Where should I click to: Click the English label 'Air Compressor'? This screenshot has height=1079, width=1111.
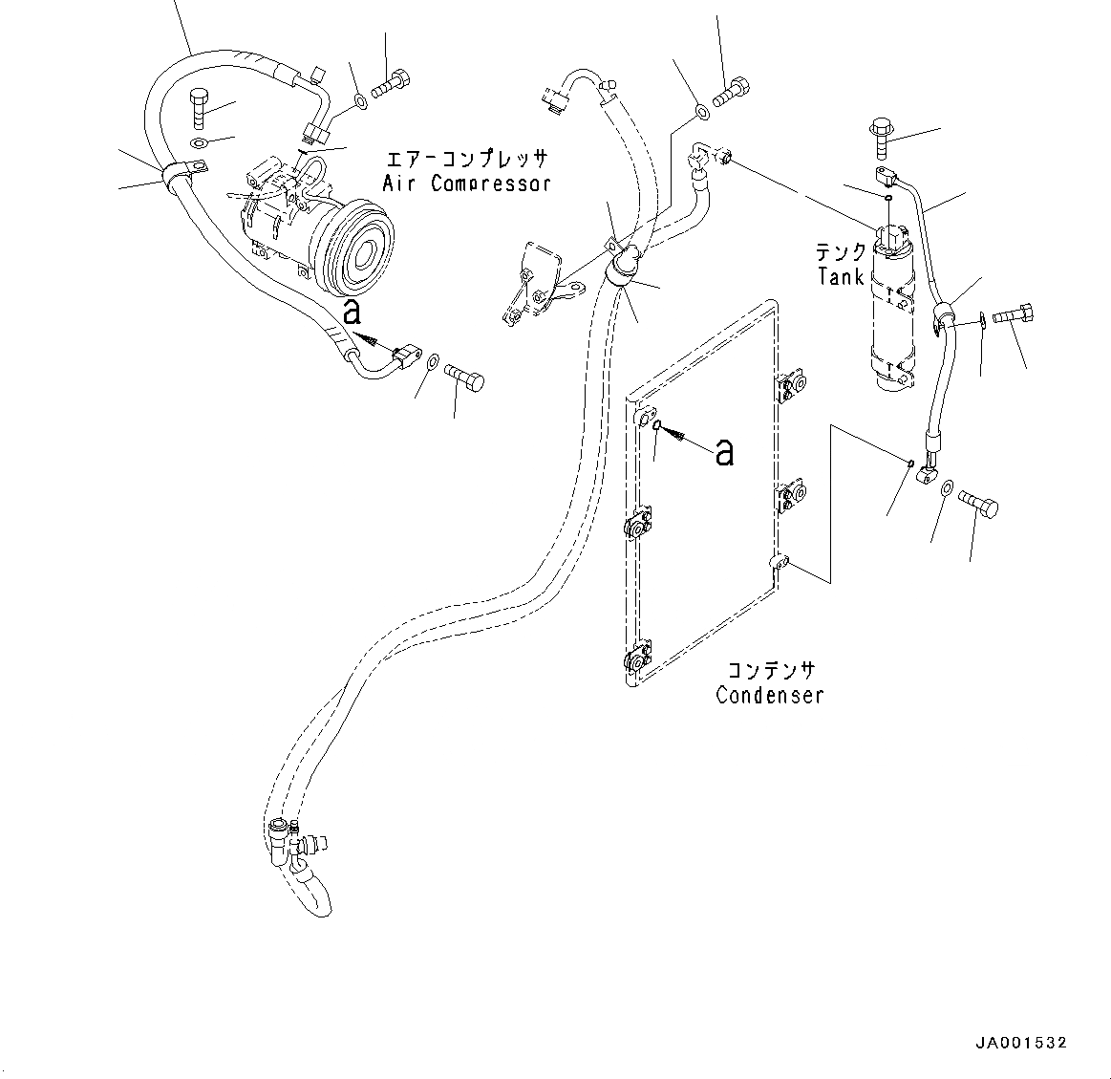coord(467,183)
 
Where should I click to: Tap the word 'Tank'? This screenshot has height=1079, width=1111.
coord(841,277)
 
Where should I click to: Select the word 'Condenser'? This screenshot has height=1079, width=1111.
coord(770,695)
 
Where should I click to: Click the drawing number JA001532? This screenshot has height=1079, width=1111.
coord(1020,1043)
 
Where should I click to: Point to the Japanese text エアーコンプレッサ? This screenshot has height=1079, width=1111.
coord(467,159)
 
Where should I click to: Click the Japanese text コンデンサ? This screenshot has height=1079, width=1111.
coord(771,670)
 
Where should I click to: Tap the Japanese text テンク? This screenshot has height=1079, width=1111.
coord(841,252)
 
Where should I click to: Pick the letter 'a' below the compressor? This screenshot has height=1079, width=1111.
coord(353,311)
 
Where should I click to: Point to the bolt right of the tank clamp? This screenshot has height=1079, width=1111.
coord(1015,315)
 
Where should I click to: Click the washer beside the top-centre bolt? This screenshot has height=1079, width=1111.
coord(700,114)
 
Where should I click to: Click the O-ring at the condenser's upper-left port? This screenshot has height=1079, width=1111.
coord(658,426)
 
